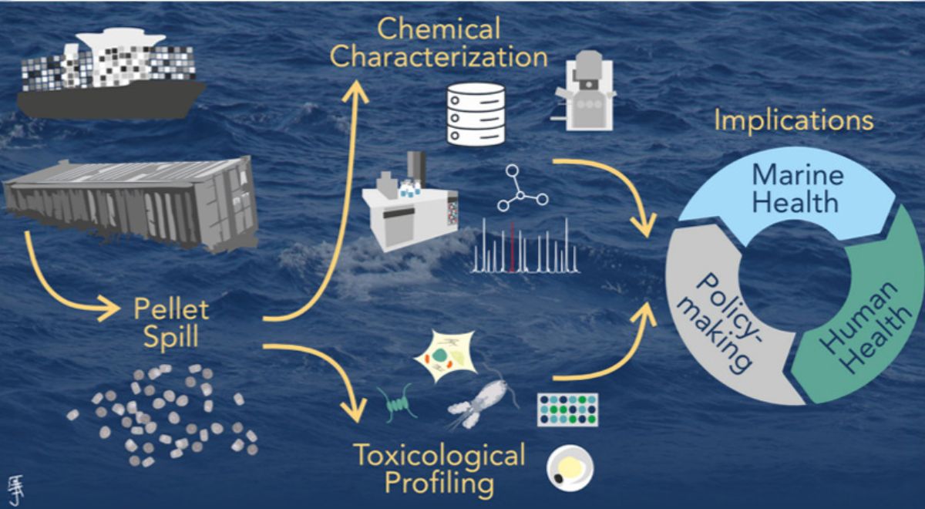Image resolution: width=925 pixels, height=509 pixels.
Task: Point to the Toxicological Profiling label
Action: point(439,469)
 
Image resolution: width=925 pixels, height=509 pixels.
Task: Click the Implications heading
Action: point(793,121)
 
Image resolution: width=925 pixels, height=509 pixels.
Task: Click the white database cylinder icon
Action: point(476,113)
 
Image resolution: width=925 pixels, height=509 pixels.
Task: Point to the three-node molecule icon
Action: point(522,190)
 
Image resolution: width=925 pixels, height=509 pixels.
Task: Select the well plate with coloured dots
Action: point(567,410)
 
